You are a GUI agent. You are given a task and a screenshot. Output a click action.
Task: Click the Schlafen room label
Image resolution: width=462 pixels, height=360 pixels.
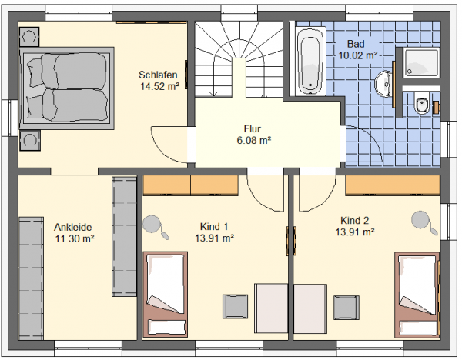(158, 75)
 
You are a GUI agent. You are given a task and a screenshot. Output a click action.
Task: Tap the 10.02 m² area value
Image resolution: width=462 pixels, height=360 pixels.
(358, 55)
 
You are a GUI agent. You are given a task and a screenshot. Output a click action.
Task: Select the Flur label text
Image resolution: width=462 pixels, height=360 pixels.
(253, 129)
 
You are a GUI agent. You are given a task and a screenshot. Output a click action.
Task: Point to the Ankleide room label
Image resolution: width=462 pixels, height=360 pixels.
(73, 227)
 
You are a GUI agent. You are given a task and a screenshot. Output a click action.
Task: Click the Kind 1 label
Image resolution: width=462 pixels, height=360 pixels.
(214, 226)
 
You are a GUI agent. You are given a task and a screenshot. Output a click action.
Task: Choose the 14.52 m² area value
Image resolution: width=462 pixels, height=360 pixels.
(159, 87)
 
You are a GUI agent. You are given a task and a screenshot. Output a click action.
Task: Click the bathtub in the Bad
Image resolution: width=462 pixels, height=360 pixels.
(310, 62)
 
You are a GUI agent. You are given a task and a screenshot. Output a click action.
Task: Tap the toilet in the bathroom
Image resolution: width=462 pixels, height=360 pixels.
(422, 103)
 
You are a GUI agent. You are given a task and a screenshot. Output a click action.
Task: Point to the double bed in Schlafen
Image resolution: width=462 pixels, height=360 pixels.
(66, 88)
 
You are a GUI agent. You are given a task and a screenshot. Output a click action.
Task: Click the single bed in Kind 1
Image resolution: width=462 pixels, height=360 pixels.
(166, 294)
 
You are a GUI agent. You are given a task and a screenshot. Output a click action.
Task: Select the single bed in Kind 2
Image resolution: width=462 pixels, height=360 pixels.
(417, 295)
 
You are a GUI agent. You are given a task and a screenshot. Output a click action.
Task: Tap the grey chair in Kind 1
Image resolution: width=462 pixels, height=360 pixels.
(235, 306)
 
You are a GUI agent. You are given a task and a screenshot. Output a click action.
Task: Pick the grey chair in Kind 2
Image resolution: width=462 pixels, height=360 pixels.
(346, 308)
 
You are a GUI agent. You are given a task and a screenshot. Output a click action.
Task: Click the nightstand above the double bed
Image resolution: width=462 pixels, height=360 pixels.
(29, 37)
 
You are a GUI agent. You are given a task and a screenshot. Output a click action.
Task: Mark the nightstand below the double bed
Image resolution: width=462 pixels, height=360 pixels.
(30, 141)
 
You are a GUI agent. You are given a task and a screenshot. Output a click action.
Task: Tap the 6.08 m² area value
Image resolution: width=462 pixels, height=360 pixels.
(253, 141)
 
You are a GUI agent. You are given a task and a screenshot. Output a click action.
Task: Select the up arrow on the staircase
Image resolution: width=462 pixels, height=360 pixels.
(213, 94)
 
